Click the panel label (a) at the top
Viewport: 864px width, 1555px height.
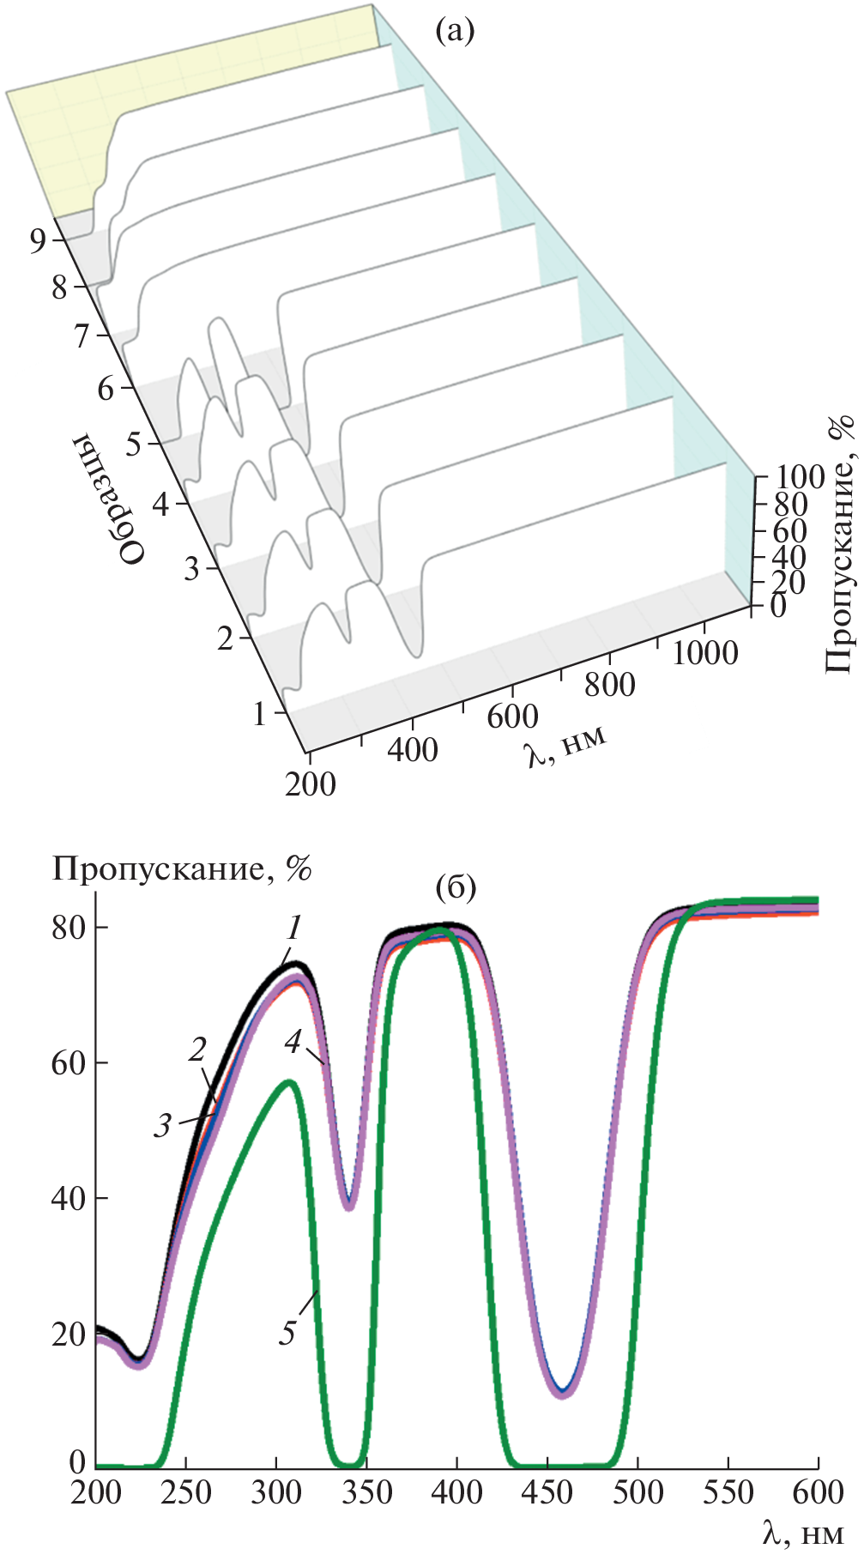454,32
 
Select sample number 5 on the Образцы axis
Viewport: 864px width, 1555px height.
135,445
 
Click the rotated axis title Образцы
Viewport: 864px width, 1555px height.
107,499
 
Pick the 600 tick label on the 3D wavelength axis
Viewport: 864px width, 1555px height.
512,717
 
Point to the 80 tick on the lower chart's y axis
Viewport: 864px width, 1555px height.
68,928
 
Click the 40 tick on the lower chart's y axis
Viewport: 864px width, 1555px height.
68,1198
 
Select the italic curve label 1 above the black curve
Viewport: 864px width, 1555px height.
294,928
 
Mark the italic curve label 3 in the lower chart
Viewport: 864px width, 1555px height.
163,1125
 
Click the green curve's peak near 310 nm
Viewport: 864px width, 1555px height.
290,1082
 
